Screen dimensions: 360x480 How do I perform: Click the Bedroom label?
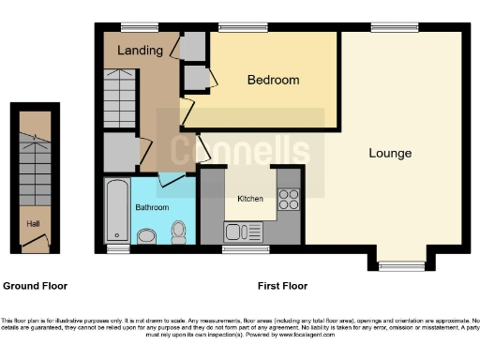tap(273, 81)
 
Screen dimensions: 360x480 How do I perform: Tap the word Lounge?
tap(390, 153)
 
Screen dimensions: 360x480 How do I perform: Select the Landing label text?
tap(141, 51)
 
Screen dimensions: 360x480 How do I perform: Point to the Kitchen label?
tap(249, 199)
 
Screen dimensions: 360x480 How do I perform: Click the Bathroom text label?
tap(153, 205)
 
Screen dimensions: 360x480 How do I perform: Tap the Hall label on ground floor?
tap(33, 223)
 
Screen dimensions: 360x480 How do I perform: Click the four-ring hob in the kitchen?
tap(289, 199)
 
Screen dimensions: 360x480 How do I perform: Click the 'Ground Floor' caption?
tap(36, 286)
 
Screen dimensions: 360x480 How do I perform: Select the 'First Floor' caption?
tap(282, 286)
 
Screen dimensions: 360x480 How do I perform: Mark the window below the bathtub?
tap(117, 250)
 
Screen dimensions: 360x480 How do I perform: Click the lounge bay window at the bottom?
tap(402, 267)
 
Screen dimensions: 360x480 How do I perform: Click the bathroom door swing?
tap(170, 177)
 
